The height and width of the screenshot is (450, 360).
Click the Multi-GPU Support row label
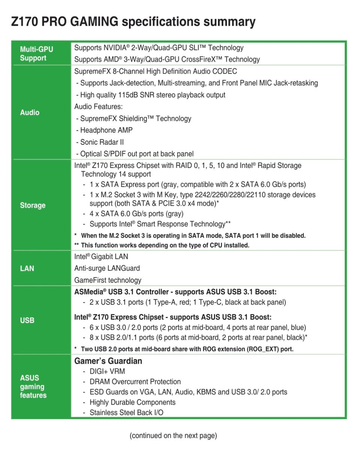[x=36, y=54]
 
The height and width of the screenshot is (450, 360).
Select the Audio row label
[x=30, y=112]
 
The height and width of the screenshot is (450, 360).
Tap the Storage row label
[x=33, y=205]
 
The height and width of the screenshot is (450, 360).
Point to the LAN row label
[x=27, y=268]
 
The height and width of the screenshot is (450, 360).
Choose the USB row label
[x=27, y=320]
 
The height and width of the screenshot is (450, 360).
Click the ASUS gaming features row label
[x=33, y=387]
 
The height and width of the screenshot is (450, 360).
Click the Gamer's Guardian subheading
[x=108, y=361]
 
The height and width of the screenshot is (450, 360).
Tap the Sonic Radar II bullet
[x=102, y=142]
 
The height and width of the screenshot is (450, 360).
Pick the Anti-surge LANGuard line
[x=107, y=268]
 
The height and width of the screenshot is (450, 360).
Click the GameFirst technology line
[x=108, y=280]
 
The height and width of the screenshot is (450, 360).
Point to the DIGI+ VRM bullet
[x=107, y=372]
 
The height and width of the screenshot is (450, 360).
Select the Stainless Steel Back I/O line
[x=126, y=412]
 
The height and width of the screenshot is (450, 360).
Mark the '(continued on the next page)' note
[x=173, y=436]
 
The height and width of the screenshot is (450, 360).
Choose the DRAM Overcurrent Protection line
[x=135, y=382]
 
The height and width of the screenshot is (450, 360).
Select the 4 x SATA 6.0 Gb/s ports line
[x=136, y=214]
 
